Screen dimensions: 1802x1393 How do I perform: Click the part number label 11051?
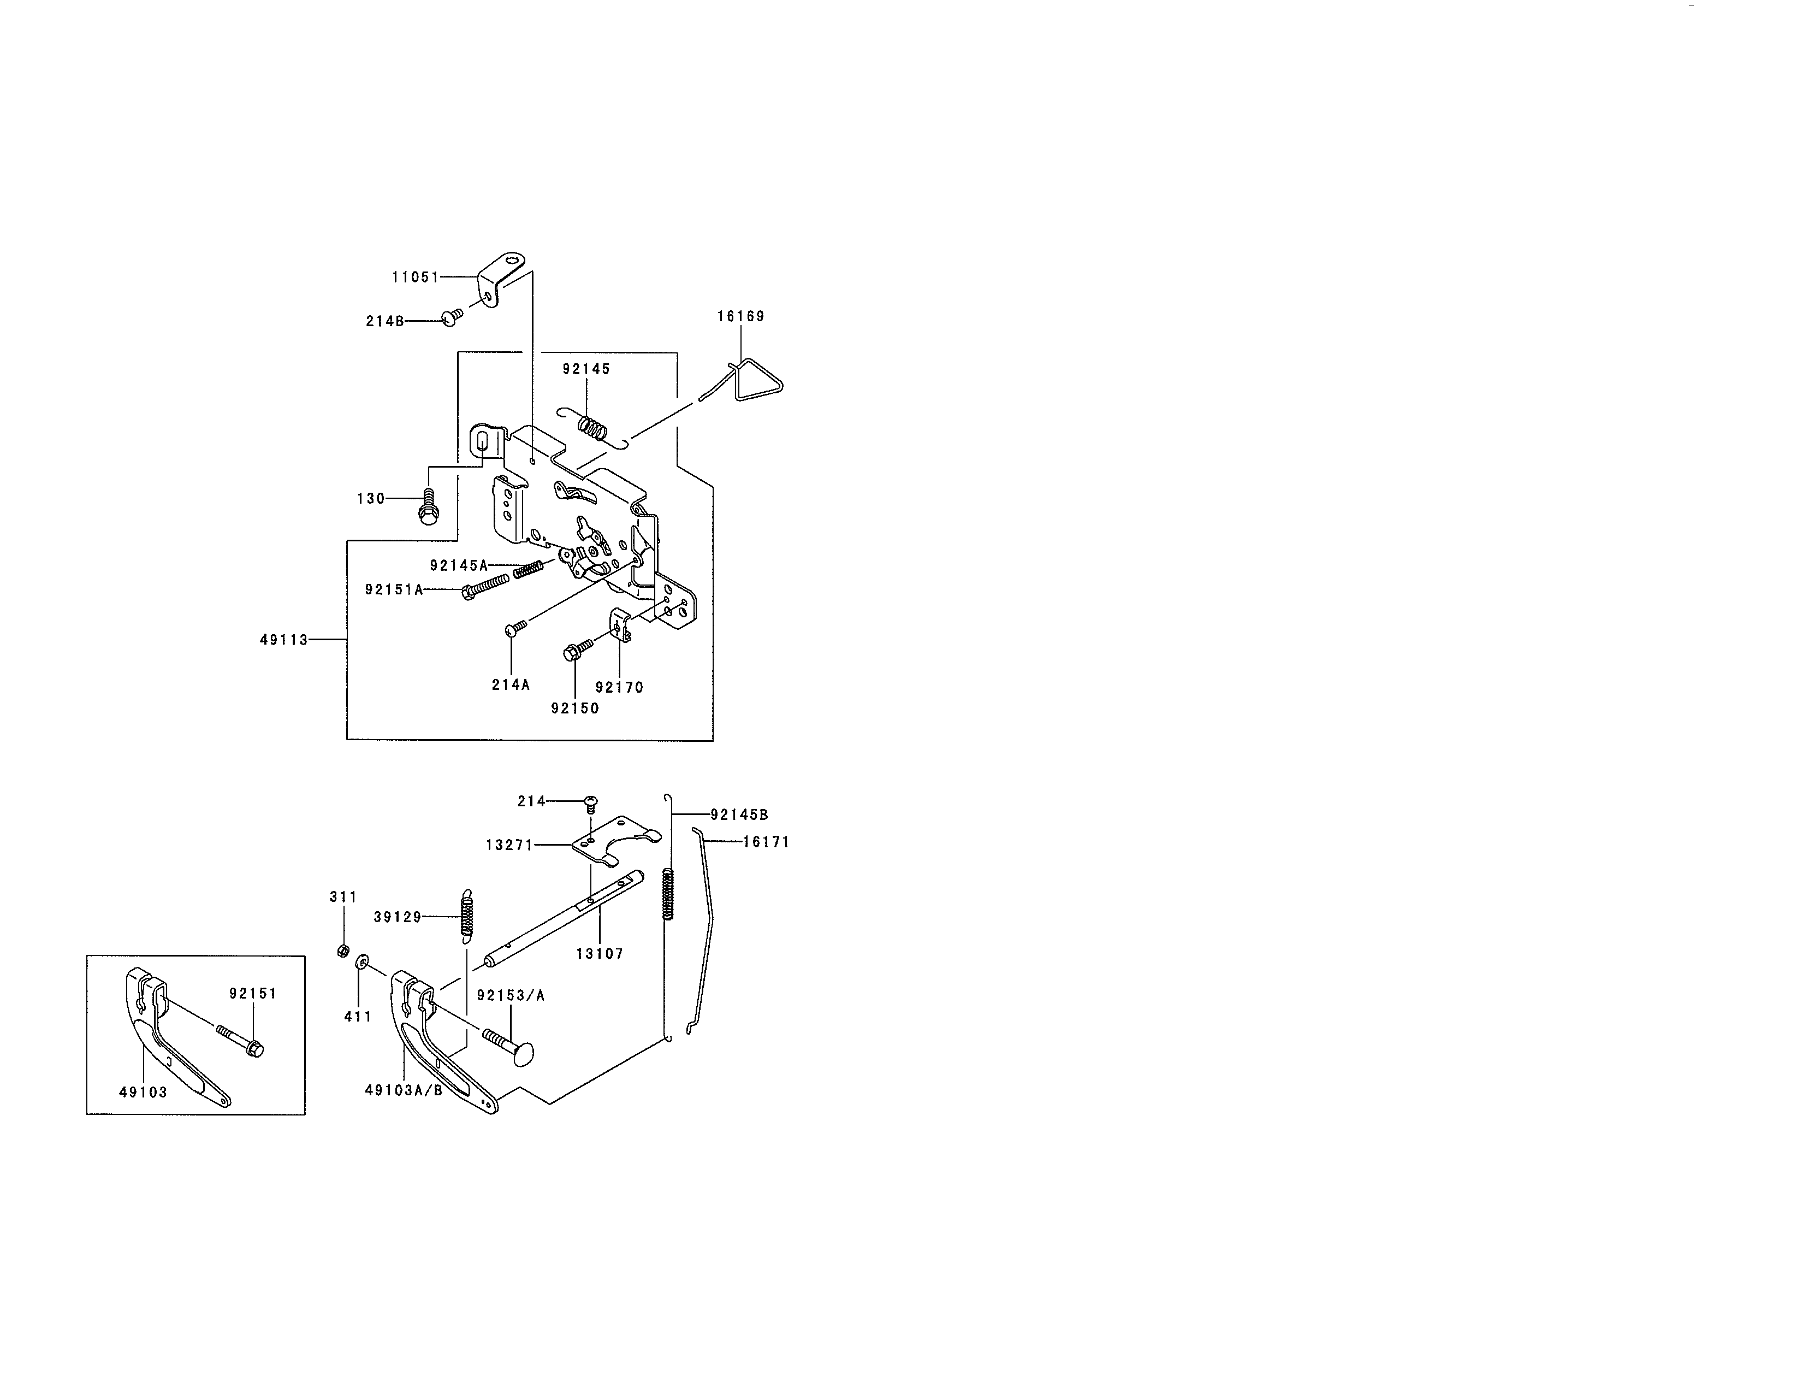tap(415, 278)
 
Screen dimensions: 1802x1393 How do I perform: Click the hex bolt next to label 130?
tap(428, 506)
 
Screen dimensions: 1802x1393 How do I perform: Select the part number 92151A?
tap(394, 589)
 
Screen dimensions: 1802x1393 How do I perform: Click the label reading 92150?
tap(575, 708)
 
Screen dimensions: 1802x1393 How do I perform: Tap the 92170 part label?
tap(619, 687)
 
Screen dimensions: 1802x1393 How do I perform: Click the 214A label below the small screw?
tap(511, 684)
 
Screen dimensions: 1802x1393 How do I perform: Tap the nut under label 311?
tap(343, 951)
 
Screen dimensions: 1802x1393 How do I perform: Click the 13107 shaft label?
tap(599, 954)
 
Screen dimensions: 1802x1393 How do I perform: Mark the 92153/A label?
tap(511, 995)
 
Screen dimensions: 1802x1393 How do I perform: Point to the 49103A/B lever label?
tap(404, 1090)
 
